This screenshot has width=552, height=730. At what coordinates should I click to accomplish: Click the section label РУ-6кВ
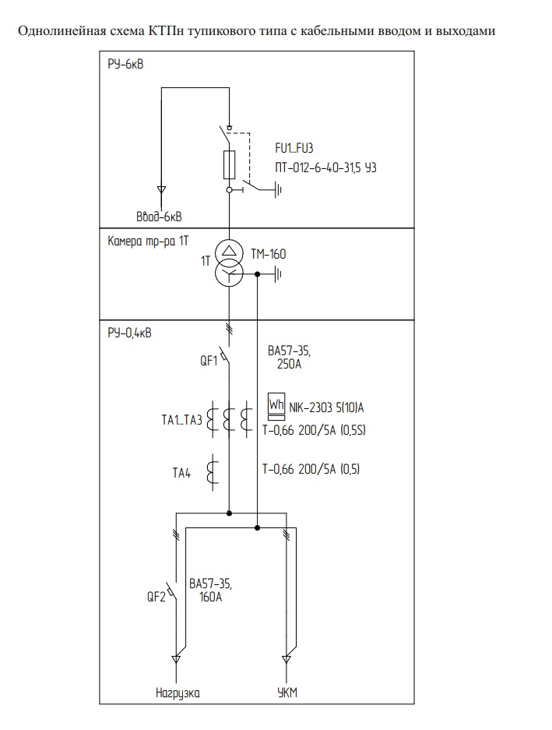[125, 64]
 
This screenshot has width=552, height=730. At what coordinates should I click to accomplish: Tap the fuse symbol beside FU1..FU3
[230, 164]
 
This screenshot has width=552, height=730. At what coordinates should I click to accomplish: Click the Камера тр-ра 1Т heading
[148, 242]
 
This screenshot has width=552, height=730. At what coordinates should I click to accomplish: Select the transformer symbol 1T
[229, 263]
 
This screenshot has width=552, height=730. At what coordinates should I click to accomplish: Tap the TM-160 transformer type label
[269, 253]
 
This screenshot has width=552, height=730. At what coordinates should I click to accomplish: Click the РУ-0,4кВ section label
[130, 333]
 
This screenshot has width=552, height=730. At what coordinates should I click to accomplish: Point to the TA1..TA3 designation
[177, 421]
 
